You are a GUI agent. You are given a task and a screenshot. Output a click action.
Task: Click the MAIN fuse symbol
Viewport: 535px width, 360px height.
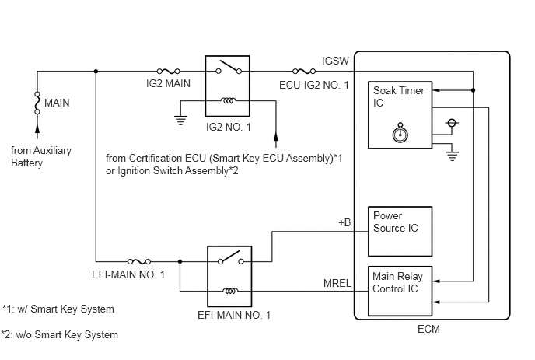37,103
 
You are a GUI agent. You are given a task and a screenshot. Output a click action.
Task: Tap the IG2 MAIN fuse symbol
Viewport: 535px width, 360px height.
168,72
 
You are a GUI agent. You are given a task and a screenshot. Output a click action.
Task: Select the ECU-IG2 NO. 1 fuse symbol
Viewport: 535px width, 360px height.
304,72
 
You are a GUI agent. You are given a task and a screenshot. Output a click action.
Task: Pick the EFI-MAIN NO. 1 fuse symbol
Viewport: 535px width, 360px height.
139,262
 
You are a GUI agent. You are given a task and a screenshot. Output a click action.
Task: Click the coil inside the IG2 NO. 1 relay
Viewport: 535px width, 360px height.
228,100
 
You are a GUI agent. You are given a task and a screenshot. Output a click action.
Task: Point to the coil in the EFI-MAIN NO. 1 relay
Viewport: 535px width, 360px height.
230,291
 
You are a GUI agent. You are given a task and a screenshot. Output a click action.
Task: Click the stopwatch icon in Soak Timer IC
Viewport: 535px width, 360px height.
400,133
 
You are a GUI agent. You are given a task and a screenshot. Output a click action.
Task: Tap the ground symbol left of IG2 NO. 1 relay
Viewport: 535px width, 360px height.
180,121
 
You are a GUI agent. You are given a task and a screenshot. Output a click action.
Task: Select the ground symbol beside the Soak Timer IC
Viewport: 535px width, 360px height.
452,156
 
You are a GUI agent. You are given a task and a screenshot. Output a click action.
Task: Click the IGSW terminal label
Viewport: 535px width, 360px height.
335,61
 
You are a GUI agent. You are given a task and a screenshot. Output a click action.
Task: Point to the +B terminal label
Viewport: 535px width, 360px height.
344,222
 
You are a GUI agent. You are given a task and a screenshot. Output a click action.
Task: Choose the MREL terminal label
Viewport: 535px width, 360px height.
337,283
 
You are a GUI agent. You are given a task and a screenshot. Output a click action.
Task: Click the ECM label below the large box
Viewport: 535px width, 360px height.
428,329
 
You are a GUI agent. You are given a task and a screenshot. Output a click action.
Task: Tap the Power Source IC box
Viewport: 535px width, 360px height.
400,232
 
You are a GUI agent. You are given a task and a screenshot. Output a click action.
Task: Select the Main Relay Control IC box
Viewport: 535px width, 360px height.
400,291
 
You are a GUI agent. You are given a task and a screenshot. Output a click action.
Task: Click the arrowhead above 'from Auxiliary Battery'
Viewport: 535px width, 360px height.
37,128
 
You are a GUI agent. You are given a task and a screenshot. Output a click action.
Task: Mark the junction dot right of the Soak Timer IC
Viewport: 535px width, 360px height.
474,90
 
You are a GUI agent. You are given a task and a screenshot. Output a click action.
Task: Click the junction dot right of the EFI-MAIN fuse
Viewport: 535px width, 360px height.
180,262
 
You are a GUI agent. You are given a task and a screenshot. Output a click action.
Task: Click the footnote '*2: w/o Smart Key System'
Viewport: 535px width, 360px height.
60,335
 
